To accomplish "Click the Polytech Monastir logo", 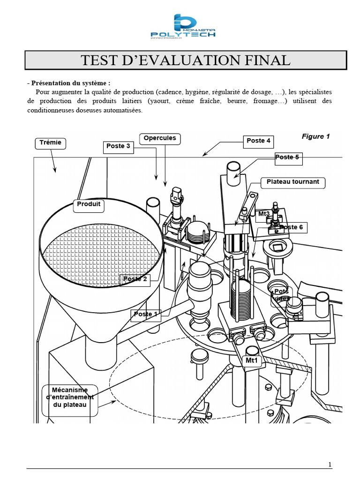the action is pyautogui.click(x=183, y=26).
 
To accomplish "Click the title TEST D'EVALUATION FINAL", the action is pyautogui.click(x=186, y=60).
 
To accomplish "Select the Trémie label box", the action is pyautogui.click(x=51, y=143).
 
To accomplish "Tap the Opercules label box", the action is pyautogui.click(x=160, y=138).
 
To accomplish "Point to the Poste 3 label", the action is pyautogui.click(x=118, y=147).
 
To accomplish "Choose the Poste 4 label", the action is pyautogui.click(x=258, y=142).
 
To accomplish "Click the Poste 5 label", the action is pyautogui.click(x=288, y=158).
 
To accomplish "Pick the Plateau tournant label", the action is pyautogui.click(x=292, y=182).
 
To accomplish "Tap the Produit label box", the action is pyautogui.click(x=89, y=206).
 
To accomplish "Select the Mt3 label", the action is pyautogui.click(x=264, y=214).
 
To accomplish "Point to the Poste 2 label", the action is pyautogui.click(x=135, y=279).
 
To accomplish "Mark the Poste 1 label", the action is pyautogui.click(x=146, y=315).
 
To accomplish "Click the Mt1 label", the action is pyautogui.click(x=252, y=361).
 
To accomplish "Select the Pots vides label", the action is pyautogui.click(x=281, y=295).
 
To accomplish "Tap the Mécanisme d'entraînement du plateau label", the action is pyautogui.click(x=70, y=397).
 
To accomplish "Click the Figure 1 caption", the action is pyautogui.click(x=315, y=136).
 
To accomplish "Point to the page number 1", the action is pyautogui.click(x=330, y=465).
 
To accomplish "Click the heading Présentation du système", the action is pyautogui.click(x=69, y=83).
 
